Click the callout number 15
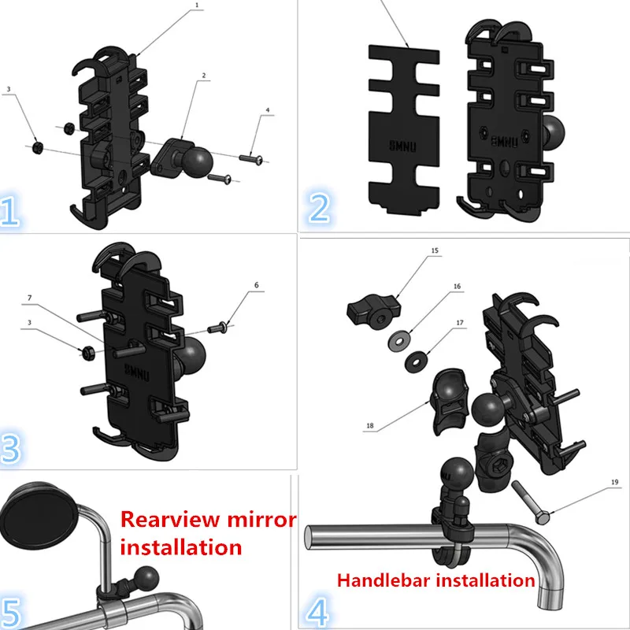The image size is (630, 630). [435, 250]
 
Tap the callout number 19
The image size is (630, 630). [615, 482]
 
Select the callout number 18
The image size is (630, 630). [370, 426]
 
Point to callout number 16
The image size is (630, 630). [457, 287]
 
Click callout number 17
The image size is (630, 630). [460, 323]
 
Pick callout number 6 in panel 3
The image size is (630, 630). [257, 285]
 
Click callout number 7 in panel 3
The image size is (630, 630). [29, 298]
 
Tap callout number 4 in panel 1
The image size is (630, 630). [268, 110]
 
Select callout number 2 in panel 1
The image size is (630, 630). [204, 76]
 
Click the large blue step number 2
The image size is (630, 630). [319, 207]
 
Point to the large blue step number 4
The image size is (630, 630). [317, 612]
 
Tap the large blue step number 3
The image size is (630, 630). [10, 449]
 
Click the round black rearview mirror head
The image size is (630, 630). [38, 516]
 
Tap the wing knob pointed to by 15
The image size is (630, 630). [373, 309]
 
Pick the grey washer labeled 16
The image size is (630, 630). [399, 342]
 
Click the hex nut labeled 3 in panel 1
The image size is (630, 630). [38, 146]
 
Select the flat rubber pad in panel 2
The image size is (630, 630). [404, 129]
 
